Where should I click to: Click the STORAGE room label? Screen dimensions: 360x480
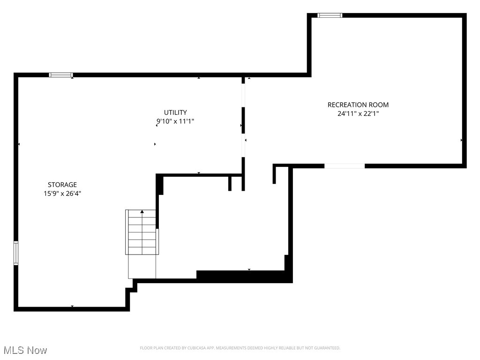62,185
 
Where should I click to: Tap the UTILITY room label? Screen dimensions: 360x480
175,112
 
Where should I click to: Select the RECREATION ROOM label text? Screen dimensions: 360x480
358,105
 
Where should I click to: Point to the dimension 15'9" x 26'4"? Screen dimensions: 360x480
62,193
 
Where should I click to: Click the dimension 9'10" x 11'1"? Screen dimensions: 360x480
175,121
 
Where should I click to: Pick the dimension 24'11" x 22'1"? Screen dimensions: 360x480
358,113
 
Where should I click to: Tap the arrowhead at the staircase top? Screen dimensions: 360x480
142,212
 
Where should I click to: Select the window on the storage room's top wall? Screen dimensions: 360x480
61,75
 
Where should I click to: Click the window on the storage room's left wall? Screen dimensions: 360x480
16,253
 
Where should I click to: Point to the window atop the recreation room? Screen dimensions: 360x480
330,15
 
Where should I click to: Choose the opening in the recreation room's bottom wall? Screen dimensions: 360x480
345,166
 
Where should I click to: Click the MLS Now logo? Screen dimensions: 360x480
25,350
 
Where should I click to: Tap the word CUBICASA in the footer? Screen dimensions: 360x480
194,348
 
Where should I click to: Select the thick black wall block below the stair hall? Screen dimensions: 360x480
244,277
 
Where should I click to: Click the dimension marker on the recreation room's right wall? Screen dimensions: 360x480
462,140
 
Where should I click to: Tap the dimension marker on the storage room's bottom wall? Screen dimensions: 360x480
72,307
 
